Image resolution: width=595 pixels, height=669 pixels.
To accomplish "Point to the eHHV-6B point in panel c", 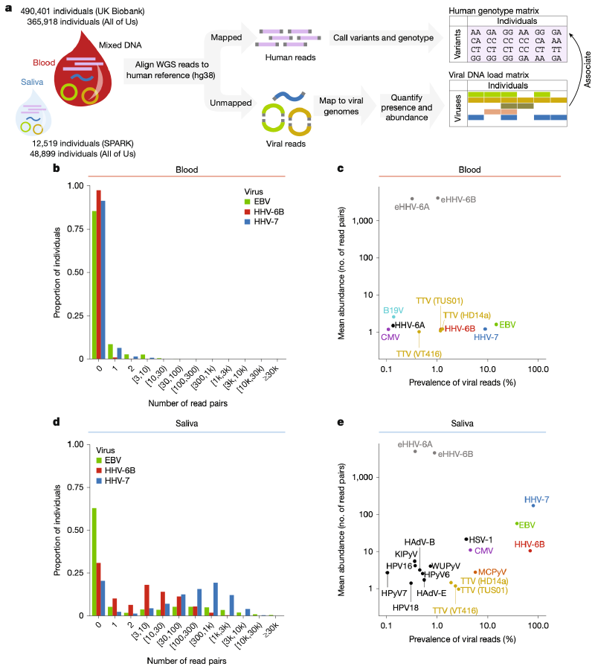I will (437, 198).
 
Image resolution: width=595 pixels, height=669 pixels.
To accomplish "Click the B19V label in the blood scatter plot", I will (393, 309).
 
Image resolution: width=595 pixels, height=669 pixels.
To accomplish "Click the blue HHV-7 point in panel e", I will (533, 505).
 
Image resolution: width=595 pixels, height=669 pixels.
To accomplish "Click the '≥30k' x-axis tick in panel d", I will (271, 630).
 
